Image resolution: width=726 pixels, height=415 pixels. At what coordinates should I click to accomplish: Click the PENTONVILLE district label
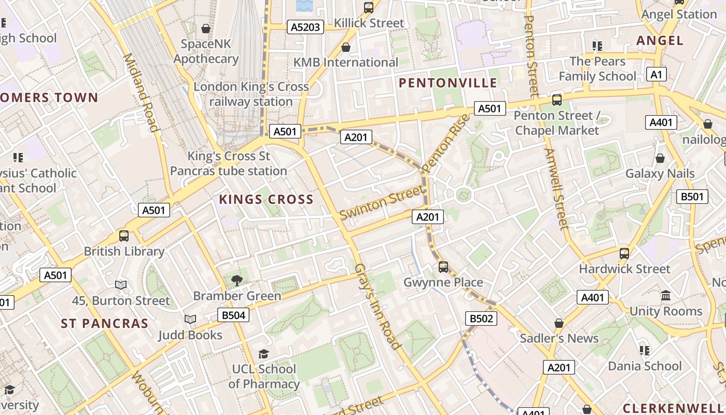coord(448,83)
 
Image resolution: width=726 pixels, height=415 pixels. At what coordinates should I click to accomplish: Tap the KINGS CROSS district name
coord(266,199)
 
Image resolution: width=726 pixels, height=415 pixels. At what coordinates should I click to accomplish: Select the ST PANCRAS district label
coord(105,324)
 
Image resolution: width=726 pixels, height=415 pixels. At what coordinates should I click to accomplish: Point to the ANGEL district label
coord(660,40)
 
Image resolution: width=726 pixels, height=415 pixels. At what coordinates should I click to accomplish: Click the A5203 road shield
coord(305,27)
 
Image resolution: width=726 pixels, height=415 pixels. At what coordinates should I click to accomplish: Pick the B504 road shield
coord(233,315)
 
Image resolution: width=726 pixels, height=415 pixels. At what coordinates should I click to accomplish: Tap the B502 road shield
coord(481,319)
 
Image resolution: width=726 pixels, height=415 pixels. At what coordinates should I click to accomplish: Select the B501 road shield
coord(692,197)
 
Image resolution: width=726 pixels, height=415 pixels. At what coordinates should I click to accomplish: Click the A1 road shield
coord(656,75)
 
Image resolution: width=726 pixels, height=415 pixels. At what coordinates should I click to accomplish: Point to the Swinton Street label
coord(381,203)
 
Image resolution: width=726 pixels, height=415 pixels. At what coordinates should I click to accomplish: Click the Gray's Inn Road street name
coord(378,306)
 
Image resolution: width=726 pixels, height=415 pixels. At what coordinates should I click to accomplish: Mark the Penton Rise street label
coord(445,143)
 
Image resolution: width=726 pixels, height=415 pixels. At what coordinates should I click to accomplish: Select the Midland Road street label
coord(139,92)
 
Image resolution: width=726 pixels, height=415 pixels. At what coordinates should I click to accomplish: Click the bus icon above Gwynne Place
coord(443,267)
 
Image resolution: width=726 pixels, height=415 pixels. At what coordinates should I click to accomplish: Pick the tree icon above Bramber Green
coord(237,281)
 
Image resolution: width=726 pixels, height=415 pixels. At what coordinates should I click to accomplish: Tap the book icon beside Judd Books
coord(190,320)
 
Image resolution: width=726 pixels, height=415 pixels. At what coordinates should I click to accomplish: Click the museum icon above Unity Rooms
coord(666,296)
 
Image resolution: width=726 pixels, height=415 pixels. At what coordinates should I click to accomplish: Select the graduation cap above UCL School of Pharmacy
coord(263,354)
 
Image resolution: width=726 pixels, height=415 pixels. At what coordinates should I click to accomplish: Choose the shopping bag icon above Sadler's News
coord(559,323)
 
